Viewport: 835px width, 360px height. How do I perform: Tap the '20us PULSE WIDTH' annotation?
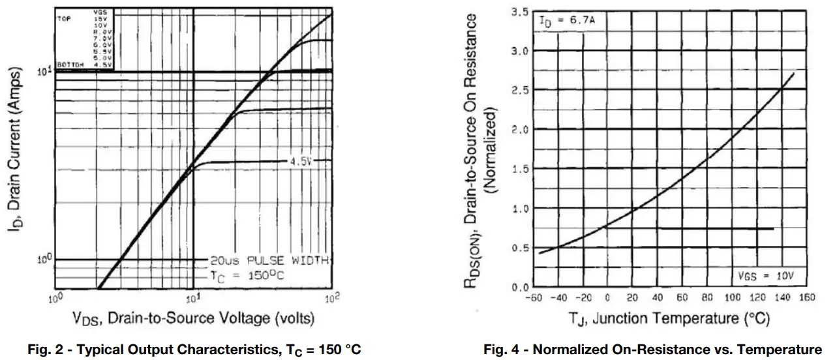[x=269, y=260]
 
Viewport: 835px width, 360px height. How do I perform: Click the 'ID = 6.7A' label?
[x=566, y=21]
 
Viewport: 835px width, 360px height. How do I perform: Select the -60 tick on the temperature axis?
[x=534, y=298]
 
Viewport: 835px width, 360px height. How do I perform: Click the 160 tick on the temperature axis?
[x=807, y=298]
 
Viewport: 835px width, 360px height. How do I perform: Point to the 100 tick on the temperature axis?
[x=732, y=298]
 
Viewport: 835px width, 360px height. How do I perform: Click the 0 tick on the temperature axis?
[x=607, y=298]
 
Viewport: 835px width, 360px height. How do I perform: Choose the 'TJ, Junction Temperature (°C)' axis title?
[x=669, y=318]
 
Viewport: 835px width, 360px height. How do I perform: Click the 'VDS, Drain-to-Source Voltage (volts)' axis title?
[x=193, y=318]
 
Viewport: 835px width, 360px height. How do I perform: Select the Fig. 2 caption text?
[x=194, y=350]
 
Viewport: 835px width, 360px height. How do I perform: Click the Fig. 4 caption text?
[x=652, y=350]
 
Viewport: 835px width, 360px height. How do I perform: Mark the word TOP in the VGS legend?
[x=64, y=19]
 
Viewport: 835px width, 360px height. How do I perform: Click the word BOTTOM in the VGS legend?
[x=70, y=65]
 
